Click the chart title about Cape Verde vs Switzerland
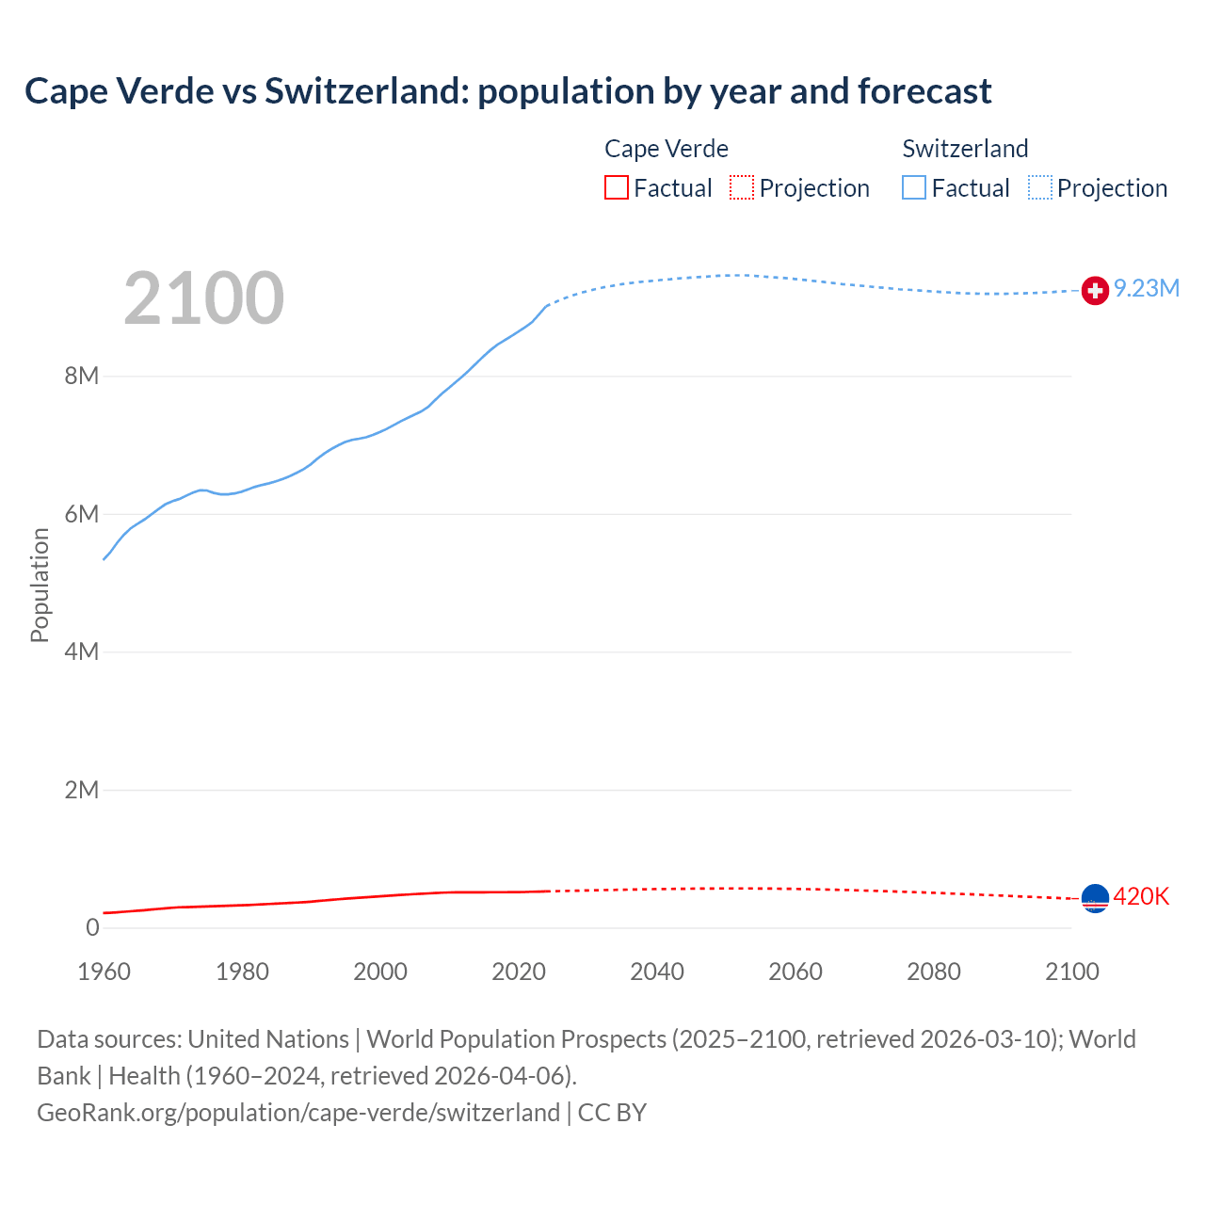[507, 91]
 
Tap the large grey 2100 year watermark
[203, 298]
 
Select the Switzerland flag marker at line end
[1095, 291]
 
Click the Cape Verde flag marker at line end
[1095, 898]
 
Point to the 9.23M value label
[1147, 289]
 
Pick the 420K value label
[1141, 897]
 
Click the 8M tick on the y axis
[82, 377]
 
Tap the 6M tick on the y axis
[82, 514]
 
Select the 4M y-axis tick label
[82, 651]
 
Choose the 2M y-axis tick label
[82, 790]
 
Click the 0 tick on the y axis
[92, 927]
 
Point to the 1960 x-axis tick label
[104, 972]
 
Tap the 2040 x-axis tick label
[657, 972]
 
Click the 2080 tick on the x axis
[934, 972]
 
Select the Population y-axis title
[40, 585]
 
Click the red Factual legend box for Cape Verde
[617, 188]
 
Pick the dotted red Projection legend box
[742, 188]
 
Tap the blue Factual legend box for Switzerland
[914, 188]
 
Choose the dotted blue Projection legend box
[1040, 188]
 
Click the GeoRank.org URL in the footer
[298, 1113]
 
